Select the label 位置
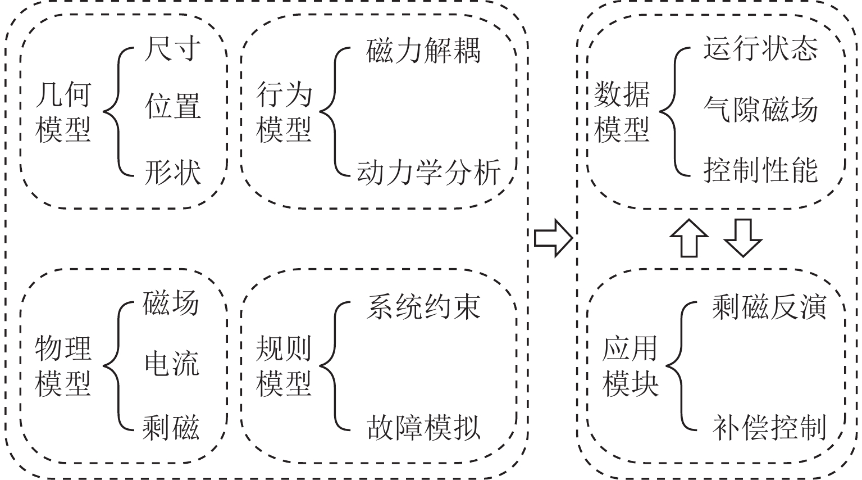172,107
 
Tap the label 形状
172,172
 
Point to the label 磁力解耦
423,51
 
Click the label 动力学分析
428,172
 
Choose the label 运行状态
760,49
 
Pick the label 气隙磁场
760,109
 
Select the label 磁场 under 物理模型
171,303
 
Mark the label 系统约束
423,307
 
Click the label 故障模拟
423,428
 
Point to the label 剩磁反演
769,307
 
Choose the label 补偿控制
769,428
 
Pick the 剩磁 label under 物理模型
171,427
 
